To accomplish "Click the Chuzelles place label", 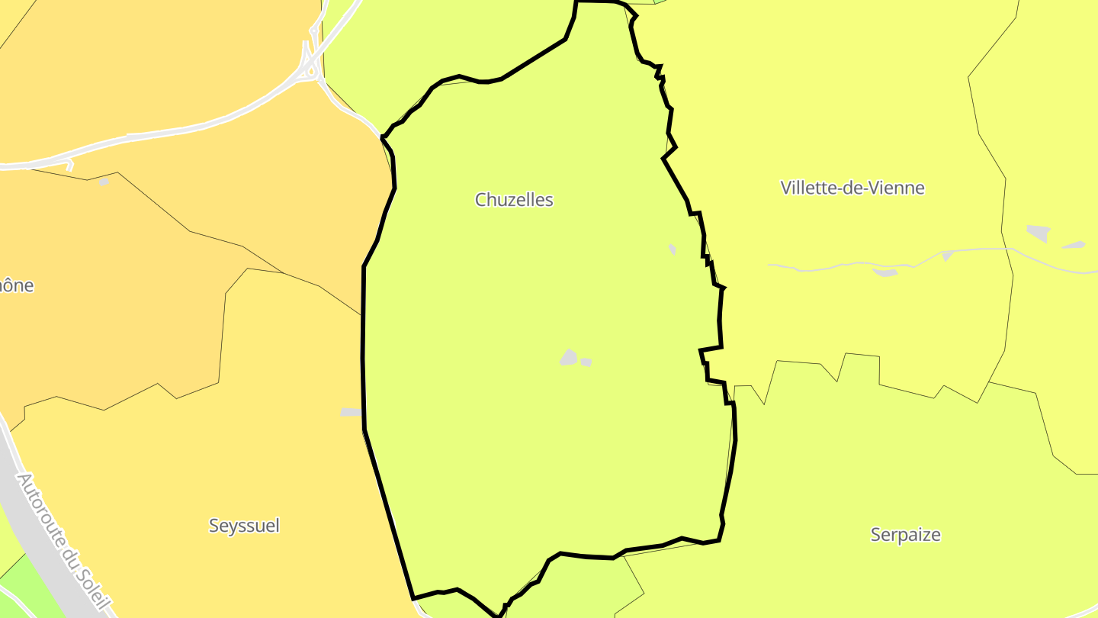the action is (x=514, y=200).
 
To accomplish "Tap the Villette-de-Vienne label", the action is (x=852, y=188).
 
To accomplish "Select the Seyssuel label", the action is (x=244, y=526).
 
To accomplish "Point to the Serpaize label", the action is (x=905, y=535).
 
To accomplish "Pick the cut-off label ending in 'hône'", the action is (x=17, y=285).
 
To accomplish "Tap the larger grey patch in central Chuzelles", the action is (x=568, y=357).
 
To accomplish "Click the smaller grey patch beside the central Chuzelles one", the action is (x=586, y=362).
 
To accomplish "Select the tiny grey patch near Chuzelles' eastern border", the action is (x=672, y=249).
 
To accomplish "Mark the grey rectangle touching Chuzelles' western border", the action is (x=351, y=412).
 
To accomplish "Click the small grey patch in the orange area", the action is (x=104, y=182).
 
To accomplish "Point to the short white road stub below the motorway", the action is (x=70, y=165).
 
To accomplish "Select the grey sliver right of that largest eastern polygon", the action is (x=1074, y=245).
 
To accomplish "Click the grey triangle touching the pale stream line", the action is (x=947, y=256).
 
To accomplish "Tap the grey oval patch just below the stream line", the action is (x=884, y=272).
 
